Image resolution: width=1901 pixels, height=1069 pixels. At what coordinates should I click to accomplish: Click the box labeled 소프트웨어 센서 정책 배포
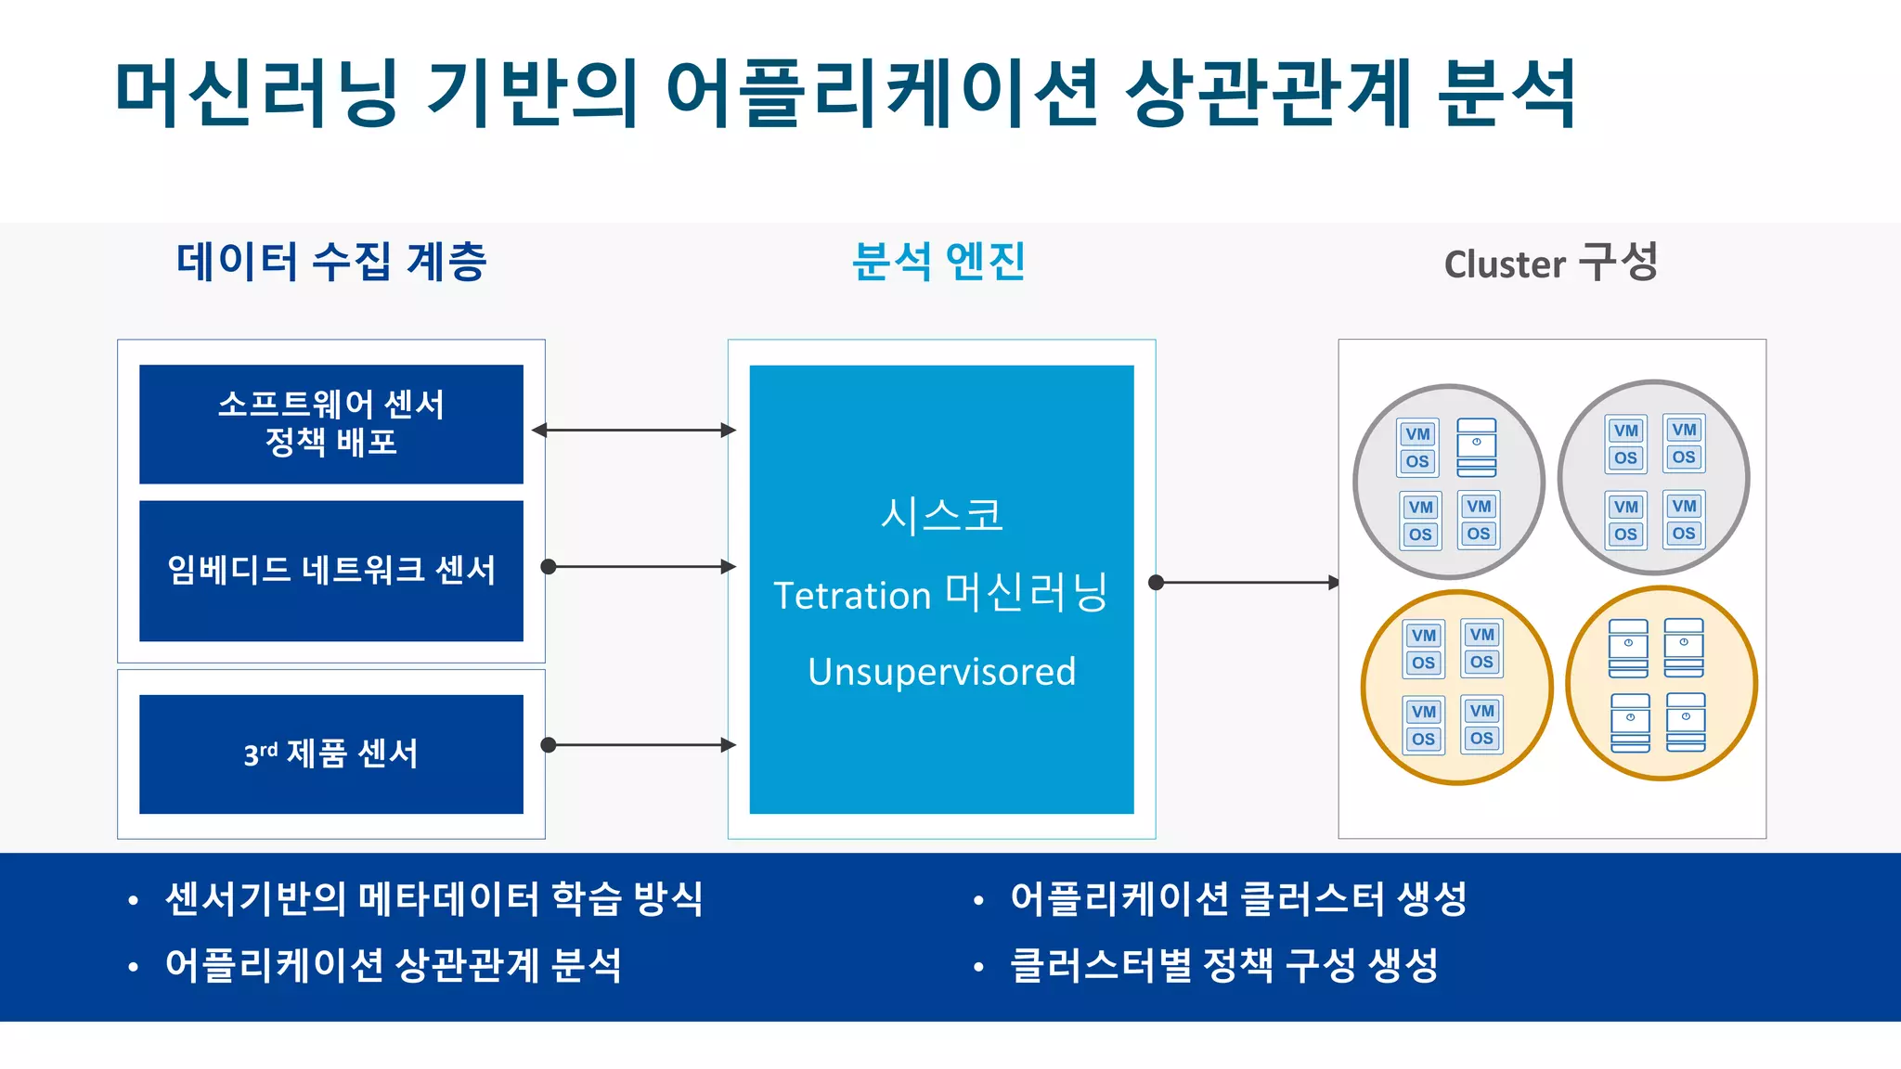point(330,424)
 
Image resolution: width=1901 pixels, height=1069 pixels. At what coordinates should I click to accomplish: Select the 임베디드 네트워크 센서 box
point(330,570)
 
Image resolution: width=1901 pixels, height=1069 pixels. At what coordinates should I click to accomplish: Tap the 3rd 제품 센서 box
point(330,753)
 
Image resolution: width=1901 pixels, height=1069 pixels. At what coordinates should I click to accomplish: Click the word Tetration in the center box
point(851,595)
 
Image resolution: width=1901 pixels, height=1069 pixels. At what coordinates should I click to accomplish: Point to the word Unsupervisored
point(941,672)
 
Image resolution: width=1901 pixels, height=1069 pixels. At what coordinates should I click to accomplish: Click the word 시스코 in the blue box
point(941,515)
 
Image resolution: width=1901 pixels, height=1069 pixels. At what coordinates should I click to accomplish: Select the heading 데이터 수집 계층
point(331,262)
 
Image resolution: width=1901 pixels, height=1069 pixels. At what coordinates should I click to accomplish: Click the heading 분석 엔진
point(938,262)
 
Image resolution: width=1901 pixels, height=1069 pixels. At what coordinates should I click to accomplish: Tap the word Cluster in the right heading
point(1505,264)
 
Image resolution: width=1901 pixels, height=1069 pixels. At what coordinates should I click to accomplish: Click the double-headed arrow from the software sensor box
point(634,430)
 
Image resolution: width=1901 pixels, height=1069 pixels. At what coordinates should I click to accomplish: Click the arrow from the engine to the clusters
point(1246,583)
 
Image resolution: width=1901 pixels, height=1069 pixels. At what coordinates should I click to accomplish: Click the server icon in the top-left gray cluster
point(1476,447)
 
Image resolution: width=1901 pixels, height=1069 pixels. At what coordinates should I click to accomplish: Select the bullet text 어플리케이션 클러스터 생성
point(1238,898)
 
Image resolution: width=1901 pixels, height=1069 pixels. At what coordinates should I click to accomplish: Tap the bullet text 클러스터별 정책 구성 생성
point(1223,965)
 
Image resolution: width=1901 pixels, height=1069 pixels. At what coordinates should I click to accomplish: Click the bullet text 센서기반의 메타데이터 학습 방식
point(433,898)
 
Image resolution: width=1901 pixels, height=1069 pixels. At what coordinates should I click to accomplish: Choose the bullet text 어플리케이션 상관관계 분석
point(393,965)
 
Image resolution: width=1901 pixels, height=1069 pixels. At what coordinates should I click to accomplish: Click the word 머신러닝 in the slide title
point(257,93)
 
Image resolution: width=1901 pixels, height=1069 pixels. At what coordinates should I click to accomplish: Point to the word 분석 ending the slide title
point(1506,93)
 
